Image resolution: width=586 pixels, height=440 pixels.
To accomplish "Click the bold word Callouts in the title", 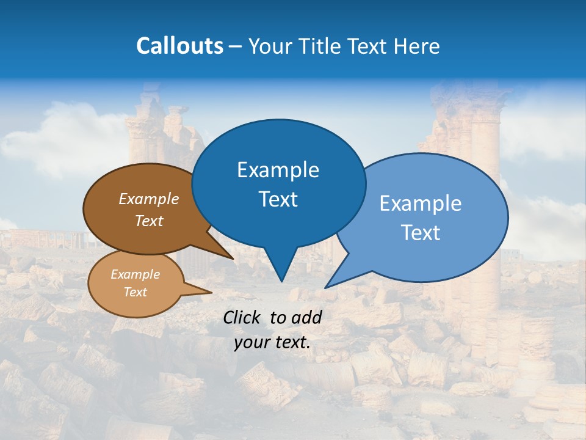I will pyautogui.click(x=179, y=46).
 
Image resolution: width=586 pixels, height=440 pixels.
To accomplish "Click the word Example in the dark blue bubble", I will pyautogui.click(x=278, y=170).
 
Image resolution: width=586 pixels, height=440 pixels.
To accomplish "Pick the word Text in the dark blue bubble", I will pyautogui.click(x=278, y=199).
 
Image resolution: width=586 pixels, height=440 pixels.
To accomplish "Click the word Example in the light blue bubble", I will pyautogui.click(x=421, y=204).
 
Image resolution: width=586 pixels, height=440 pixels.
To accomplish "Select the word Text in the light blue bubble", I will pyautogui.click(x=421, y=233).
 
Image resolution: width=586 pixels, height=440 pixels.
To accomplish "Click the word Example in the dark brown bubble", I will pyautogui.click(x=149, y=199).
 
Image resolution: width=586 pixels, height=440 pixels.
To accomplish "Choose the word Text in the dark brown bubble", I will pyautogui.click(x=149, y=221).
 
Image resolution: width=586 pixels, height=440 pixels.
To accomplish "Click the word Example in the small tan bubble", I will pyautogui.click(x=135, y=274).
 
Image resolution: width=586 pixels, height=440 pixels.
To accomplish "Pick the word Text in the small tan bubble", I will pyautogui.click(x=135, y=292).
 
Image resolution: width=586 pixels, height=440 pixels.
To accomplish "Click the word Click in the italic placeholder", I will pyautogui.click(x=242, y=317).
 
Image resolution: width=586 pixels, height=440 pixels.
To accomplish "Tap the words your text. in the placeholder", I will pyautogui.click(x=272, y=342).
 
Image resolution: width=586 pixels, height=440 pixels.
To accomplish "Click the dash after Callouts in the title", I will pyautogui.click(x=236, y=46).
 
